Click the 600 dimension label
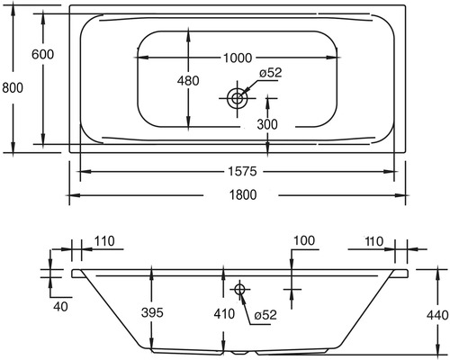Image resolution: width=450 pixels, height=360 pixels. pyautogui.click(x=42, y=55)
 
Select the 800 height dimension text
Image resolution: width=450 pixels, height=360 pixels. pyautogui.click(x=12, y=87)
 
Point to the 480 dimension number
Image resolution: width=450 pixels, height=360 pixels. pyautogui.click(x=187, y=81)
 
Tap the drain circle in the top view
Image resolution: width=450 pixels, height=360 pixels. pyautogui.click(x=238, y=97)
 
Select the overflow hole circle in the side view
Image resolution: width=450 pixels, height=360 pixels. pyautogui.click(x=239, y=289)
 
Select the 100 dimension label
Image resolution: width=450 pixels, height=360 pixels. pyautogui.click(x=303, y=240)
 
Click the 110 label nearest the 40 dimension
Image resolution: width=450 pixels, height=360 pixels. pyautogui.click(x=104, y=240)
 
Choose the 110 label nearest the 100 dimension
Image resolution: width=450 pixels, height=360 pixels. pyautogui.click(x=375, y=240)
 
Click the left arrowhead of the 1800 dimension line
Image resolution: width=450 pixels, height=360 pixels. pyautogui.click(x=74, y=193)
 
